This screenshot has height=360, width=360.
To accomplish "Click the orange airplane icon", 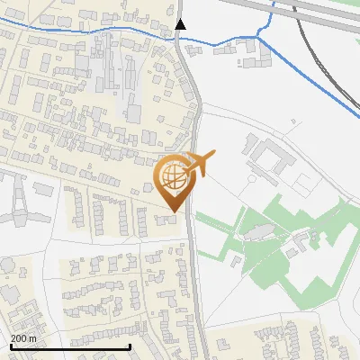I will click(198, 164).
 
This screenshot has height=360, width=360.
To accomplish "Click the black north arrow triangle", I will click(180, 24).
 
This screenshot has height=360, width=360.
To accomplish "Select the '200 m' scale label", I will click(23, 338).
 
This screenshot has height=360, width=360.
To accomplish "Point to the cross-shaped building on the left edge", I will click(20, 203).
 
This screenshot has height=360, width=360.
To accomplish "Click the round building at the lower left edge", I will click(8, 265).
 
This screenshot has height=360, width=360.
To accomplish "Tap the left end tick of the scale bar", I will click(10, 346).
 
